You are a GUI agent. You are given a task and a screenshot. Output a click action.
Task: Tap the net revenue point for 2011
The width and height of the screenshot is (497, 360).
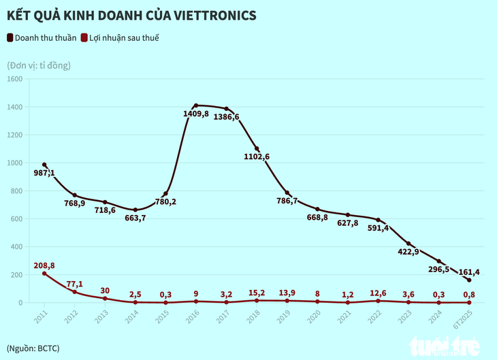point(44,165)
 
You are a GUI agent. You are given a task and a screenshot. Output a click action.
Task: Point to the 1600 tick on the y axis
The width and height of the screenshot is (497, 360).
point(14,79)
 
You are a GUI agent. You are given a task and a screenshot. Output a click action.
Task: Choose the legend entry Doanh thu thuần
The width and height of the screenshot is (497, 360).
point(46,38)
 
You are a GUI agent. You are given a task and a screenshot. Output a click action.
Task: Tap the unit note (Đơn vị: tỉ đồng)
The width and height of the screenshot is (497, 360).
point(39,65)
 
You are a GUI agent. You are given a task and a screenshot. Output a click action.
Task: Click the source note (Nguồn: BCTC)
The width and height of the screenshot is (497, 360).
point(33,348)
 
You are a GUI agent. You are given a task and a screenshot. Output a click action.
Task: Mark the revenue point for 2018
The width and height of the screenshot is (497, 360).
point(257,149)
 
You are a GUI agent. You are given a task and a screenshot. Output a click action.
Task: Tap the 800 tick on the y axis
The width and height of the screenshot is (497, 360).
point(16,191)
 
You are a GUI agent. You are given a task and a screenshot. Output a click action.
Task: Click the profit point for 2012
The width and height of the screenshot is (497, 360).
point(75,292)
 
